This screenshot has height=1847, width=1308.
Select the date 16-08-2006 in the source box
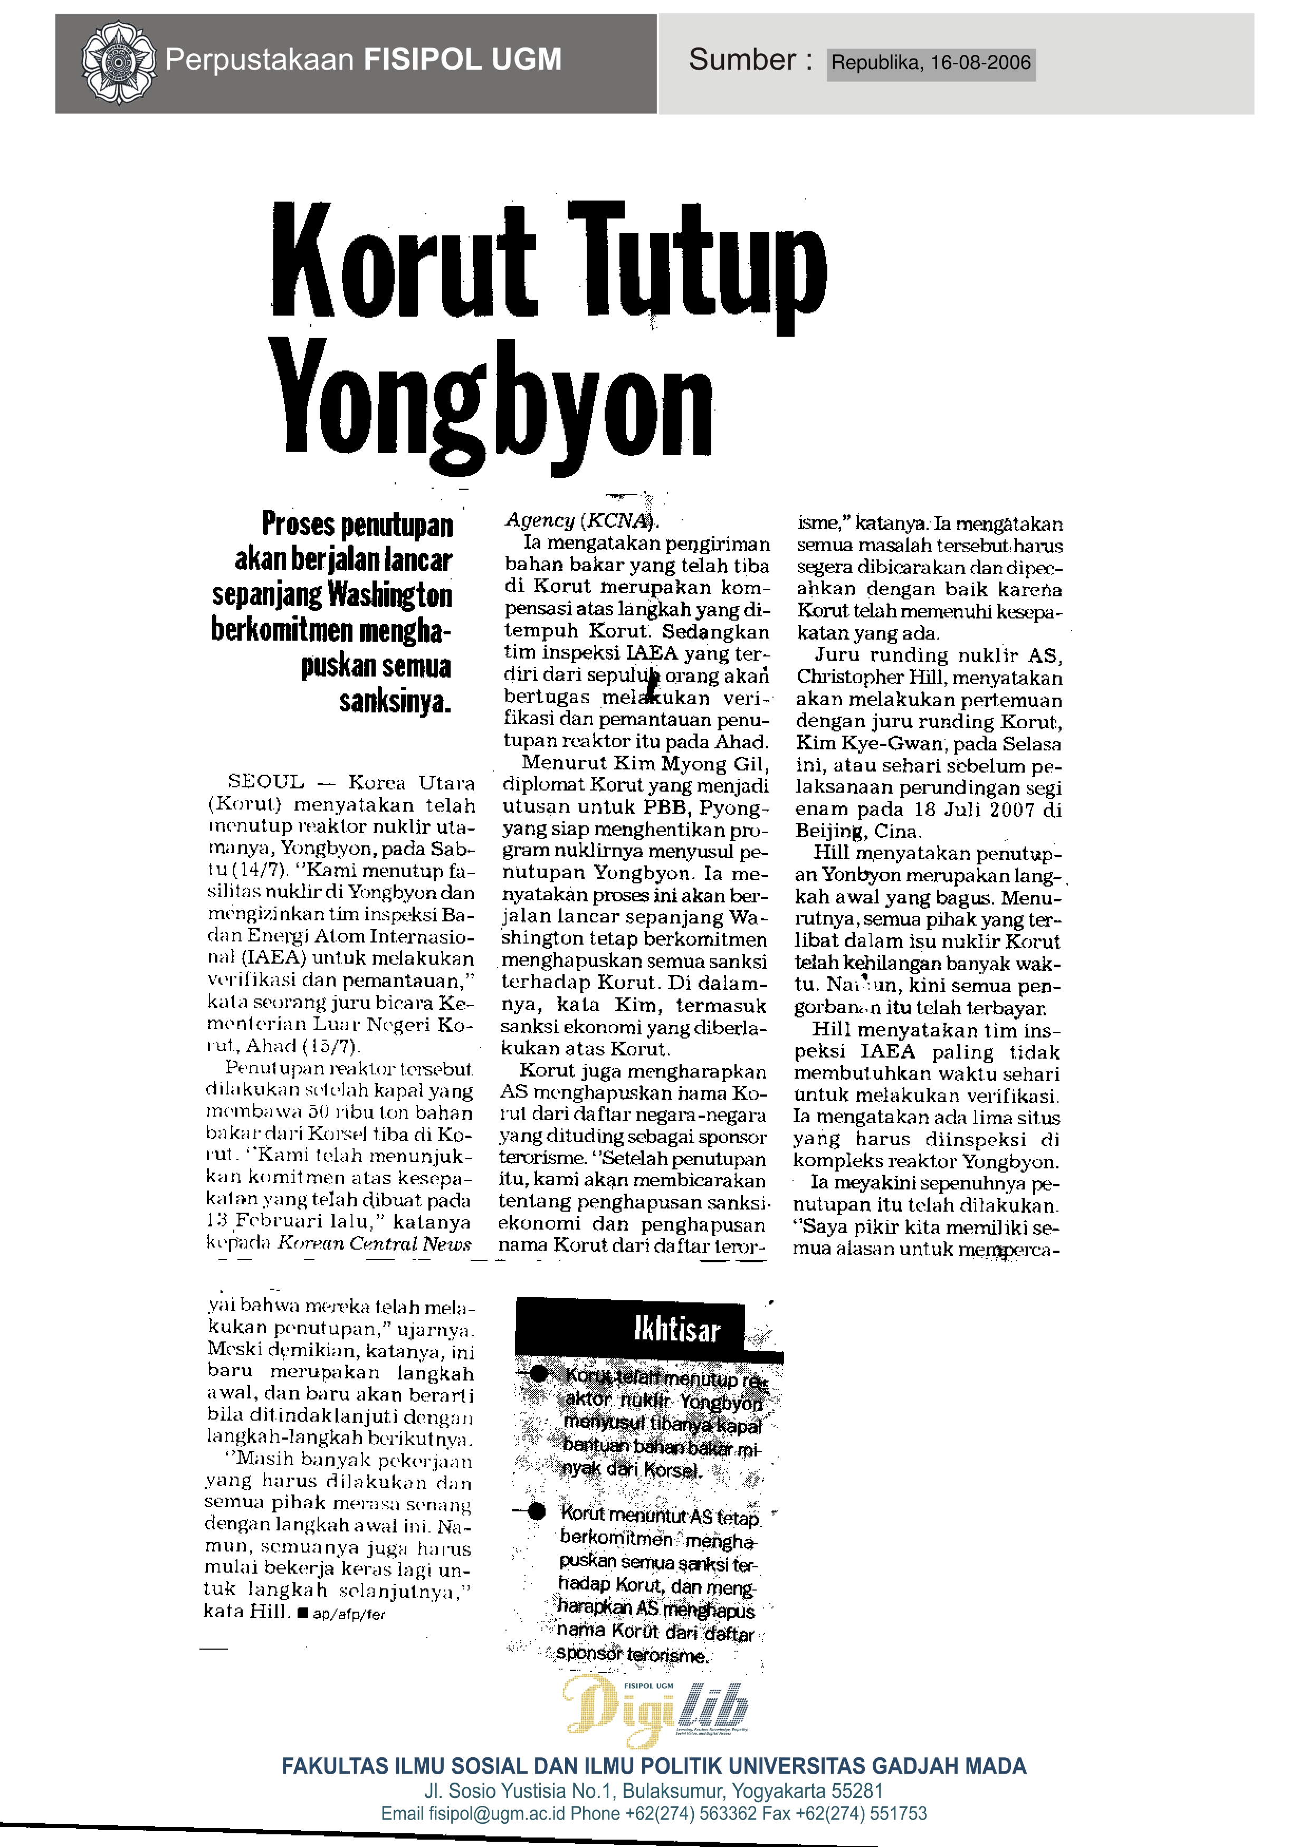[x=980, y=64]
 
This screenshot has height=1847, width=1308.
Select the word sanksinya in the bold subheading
[x=395, y=702]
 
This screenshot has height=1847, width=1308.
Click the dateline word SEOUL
[x=266, y=782]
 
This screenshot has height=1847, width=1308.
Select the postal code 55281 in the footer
[x=858, y=1792]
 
